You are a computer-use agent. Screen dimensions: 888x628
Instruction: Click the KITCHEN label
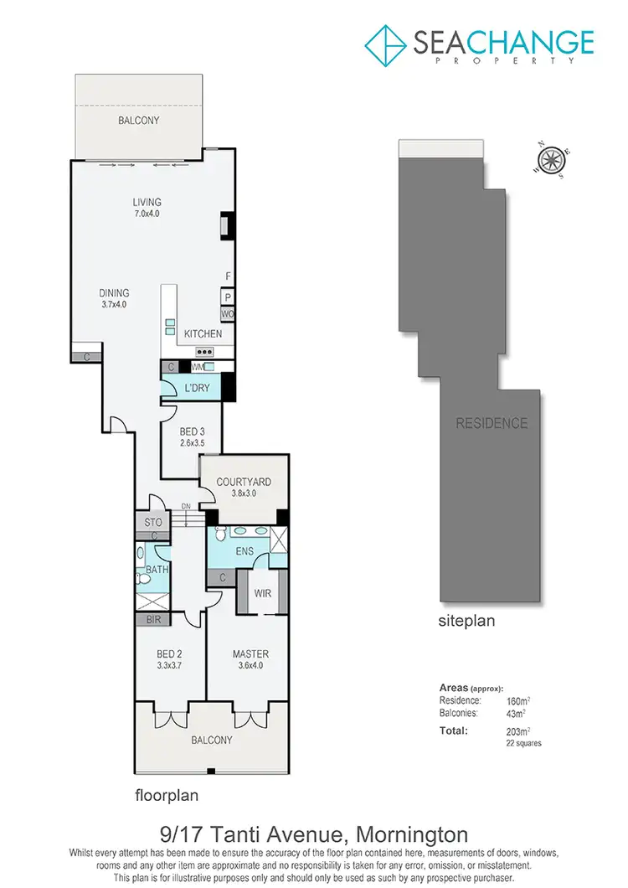coord(203,333)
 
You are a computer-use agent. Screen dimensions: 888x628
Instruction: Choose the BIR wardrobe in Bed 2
coord(152,620)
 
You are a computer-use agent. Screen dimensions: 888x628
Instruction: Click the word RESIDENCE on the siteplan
coord(492,423)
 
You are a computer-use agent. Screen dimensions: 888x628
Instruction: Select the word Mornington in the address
coord(412,835)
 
